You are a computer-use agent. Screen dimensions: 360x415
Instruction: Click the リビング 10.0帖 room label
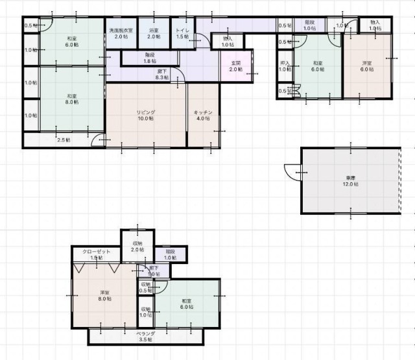point(145,115)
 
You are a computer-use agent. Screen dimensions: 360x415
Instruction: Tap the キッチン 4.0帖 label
point(203,115)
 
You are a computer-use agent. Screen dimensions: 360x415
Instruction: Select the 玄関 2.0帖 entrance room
point(235,66)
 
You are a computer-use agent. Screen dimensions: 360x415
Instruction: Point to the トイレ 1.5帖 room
point(183,34)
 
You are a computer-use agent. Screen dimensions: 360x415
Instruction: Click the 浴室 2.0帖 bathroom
point(154,34)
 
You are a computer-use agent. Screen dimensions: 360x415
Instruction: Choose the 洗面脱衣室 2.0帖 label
point(121,34)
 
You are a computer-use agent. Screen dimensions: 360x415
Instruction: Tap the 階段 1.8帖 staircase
point(150,58)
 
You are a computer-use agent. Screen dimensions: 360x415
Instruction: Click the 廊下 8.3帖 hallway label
point(163,74)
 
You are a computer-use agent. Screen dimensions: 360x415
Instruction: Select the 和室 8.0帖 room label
point(71,99)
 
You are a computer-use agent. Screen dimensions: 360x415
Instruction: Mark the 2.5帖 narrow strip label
point(63,139)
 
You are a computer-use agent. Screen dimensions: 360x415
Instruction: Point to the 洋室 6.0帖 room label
point(367,66)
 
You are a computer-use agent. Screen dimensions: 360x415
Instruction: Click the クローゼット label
point(96,254)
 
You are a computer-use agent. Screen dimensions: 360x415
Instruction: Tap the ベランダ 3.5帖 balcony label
point(145,336)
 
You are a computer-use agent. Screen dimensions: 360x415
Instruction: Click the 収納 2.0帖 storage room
point(137,246)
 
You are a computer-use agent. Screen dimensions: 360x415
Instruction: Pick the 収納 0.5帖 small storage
point(145,287)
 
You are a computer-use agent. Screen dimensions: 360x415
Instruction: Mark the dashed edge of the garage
point(399,180)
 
